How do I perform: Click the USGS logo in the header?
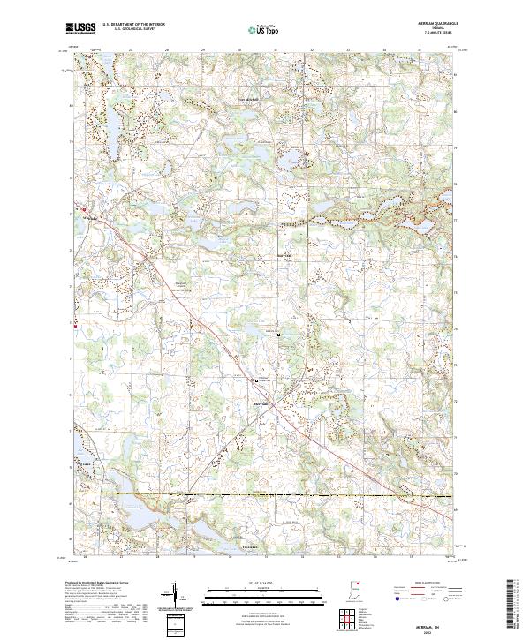coord(81,28)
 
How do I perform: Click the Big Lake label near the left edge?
coord(86,462)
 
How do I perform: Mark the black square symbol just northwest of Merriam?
coord(256,380)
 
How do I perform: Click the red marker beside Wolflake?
coord(74,209)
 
